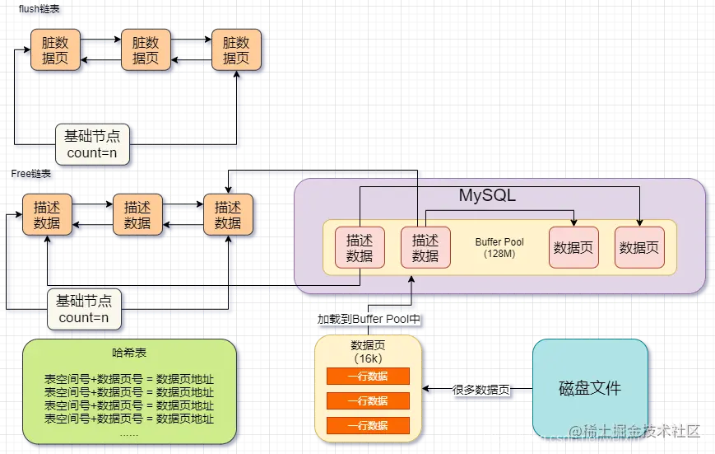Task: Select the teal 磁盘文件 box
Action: click(590, 388)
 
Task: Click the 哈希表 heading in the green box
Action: click(129, 353)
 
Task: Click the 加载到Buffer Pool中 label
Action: click(369, 318)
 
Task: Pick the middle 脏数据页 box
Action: click(146, 50)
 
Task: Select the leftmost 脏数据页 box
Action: click(55, 50)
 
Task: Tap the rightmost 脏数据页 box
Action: click(237, 50)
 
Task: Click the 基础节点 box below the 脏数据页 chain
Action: click(92, 144)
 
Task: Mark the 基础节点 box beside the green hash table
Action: click(84, 309)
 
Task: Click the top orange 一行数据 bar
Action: click(368, 376)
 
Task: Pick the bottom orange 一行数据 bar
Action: click(368, 425)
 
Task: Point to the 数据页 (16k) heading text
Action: click(368, 353)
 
